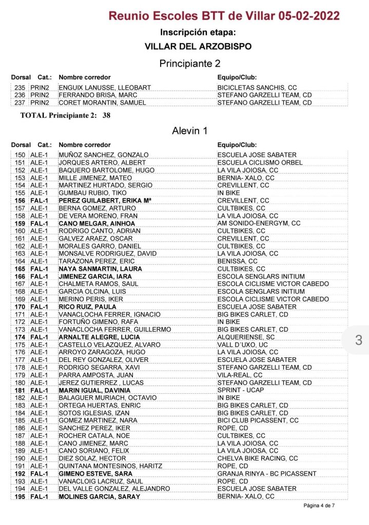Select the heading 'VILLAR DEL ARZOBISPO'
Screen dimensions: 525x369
click(198, 46)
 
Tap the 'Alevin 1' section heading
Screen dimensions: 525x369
click(189, 131)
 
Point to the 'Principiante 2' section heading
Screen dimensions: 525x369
click(190, 64)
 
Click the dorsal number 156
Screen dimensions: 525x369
click(20, 200)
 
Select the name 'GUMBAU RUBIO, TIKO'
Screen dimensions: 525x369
click(93, 193)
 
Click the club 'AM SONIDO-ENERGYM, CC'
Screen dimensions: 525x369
click(259, 223)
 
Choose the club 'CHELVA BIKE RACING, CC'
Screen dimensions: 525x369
click(257, 458)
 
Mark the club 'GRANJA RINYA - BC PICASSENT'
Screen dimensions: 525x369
click(267, 474)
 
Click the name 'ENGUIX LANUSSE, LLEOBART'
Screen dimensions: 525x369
click(105, 88)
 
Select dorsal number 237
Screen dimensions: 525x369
click(20, 103)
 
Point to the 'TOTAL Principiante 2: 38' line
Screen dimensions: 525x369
click(65, 115)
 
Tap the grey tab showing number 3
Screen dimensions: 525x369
click(358, 339)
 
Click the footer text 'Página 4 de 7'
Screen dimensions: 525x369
click(319, 506)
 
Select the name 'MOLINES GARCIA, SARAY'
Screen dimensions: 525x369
click(100, 497)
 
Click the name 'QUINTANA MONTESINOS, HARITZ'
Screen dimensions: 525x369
click(110, 466)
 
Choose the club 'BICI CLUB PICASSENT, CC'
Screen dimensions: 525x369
click(258, 420)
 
